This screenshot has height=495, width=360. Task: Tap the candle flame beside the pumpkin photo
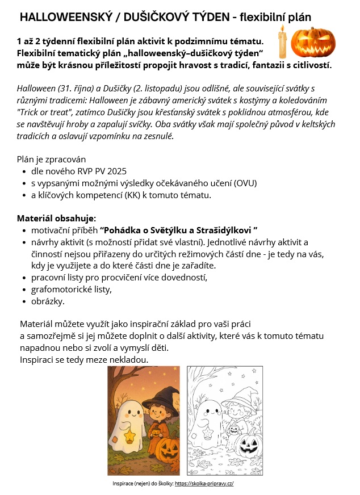282,29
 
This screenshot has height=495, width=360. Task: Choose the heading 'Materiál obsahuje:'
56,218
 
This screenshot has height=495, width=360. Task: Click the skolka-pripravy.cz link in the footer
204,484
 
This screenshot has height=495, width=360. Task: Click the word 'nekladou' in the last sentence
128,360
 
